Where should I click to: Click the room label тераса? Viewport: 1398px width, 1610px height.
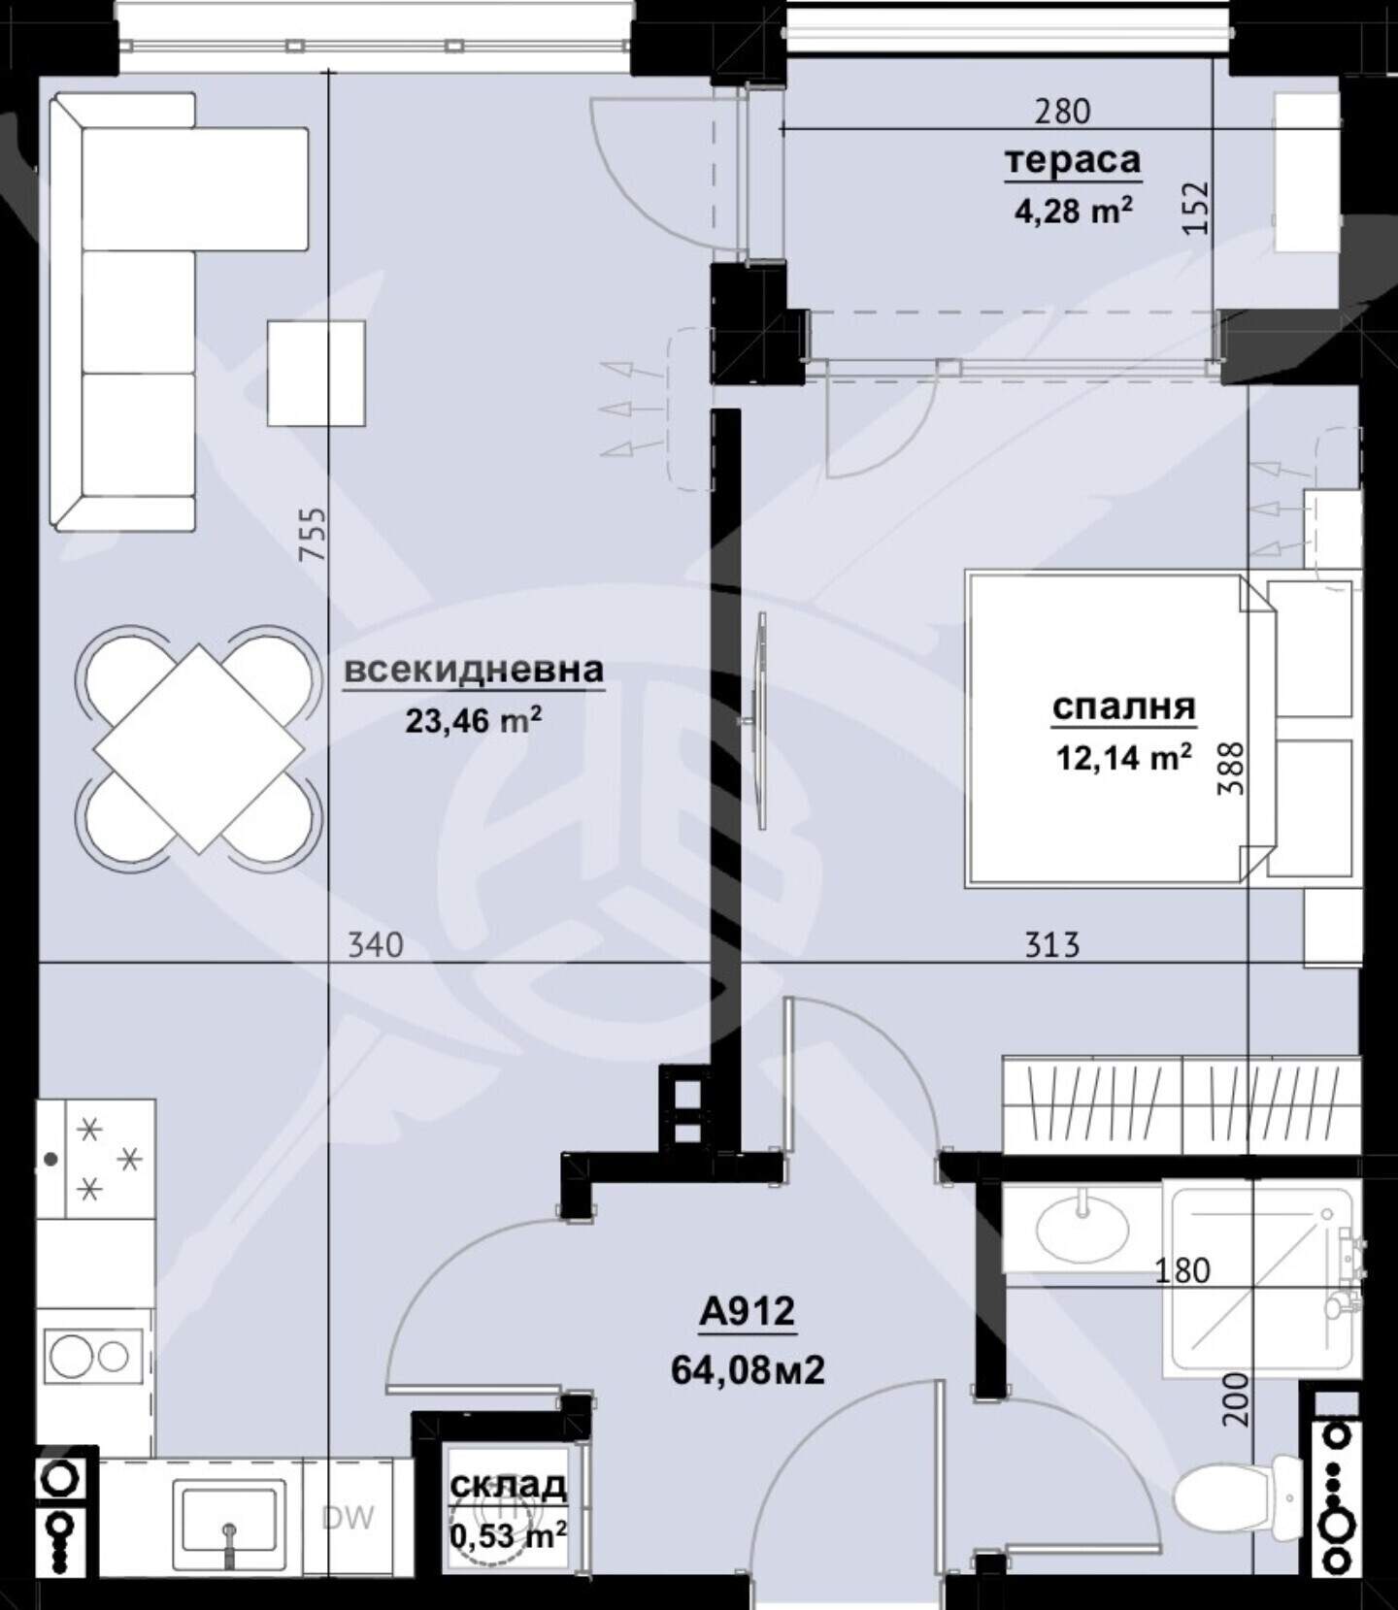pyautogui.click(x=1072, y=160)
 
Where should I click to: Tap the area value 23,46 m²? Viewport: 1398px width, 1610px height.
pyautogui.click(x=473, y=720)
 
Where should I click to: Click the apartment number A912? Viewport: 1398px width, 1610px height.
pyautogui.click(x=747, y=1312)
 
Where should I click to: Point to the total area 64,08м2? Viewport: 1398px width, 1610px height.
pyautogui.click(x=748, y=1369)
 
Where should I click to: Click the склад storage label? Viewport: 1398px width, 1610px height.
pyautogui.click(x=508, y=1485)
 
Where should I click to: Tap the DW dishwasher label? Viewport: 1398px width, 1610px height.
pyautogui.click(x=348, y=1518)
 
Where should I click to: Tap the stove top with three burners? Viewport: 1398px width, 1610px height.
pyautogui.click(x=96, y=1159)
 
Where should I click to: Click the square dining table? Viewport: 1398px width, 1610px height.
pyautogui.click(x=199, y=748)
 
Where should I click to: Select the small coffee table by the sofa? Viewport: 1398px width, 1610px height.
pyautogui.click(x=316, y=374)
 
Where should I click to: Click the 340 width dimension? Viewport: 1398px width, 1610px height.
pyautogui.click(x=376, y=944)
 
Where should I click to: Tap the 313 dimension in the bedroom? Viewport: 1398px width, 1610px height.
pyautogui.click(x=1052, y=944)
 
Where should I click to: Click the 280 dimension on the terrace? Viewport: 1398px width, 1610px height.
pyautogui.click(x=1062, y=112)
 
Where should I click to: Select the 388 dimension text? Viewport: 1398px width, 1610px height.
pyautogui.click(x=1230, y=769)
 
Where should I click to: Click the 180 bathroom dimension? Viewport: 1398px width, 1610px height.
pyautogui.click(x=1182, y=1270)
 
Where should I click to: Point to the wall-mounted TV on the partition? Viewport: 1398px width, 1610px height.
pyautogui.click(x=761, y=720)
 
